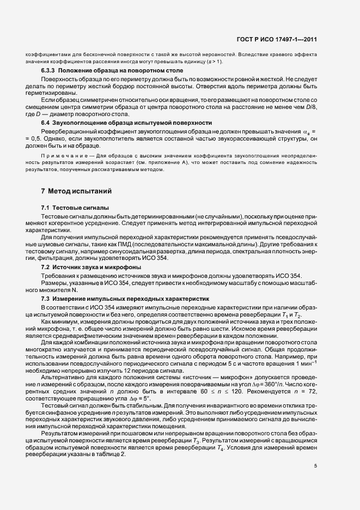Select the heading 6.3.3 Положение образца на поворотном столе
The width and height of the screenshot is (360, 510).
[x=112, y=71]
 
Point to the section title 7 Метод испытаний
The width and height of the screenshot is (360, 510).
[x=76, y=191]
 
